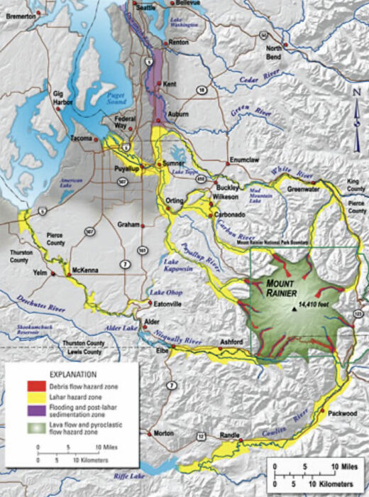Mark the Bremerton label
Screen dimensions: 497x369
click(21, 14)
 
